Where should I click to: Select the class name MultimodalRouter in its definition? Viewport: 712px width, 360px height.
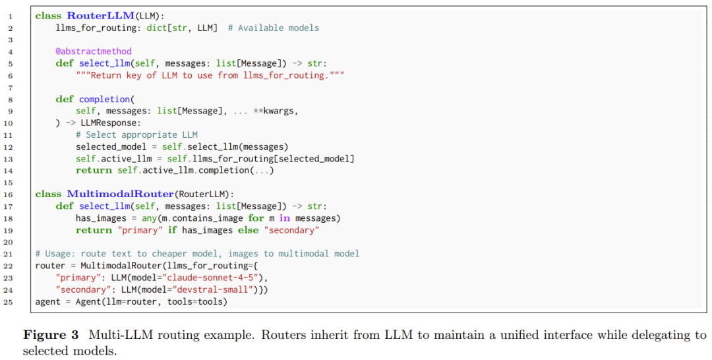120,194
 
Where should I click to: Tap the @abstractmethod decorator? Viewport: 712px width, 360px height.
94,51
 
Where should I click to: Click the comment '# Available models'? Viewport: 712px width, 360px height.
274,28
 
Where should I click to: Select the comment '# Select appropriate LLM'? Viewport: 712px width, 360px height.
136,135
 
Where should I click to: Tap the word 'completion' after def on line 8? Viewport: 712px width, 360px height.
104,99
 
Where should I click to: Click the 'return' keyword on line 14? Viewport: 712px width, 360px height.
94,170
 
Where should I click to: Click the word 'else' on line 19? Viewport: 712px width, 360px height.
249,230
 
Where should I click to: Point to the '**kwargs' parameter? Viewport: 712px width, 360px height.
276,111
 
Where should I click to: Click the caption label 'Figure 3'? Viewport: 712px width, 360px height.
51,335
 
